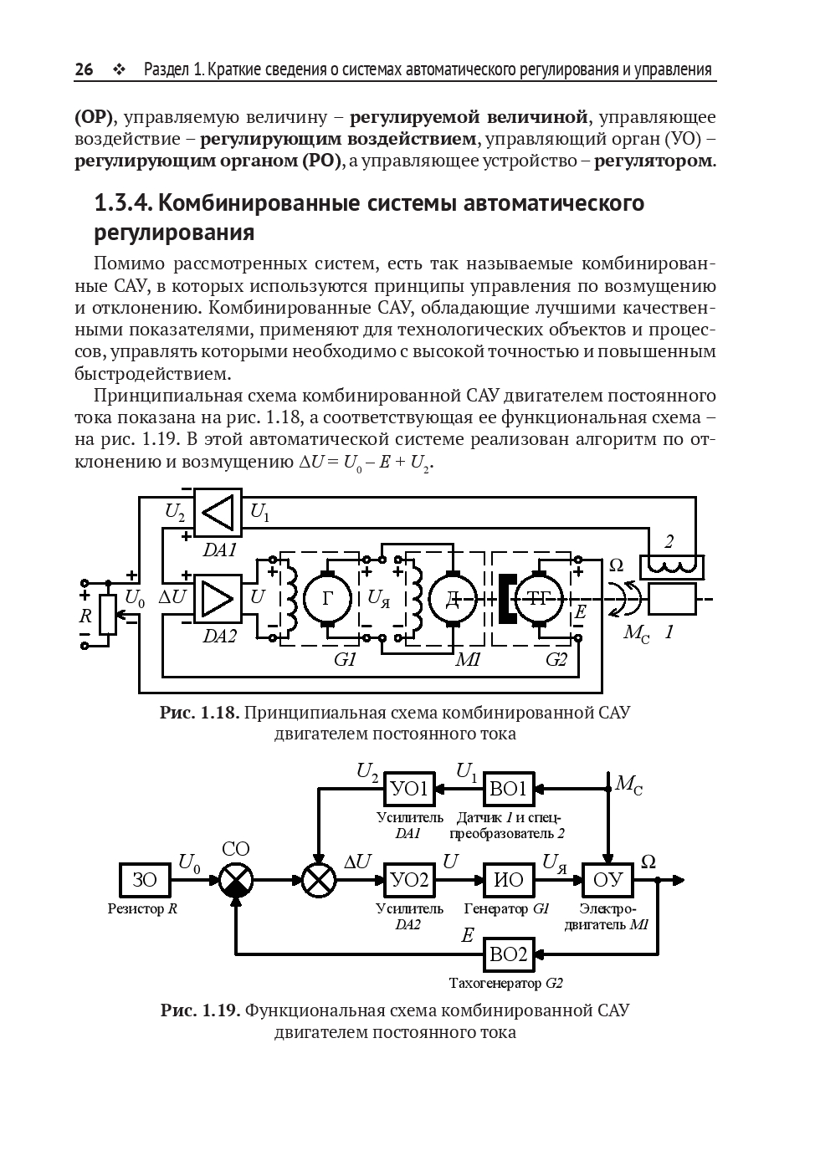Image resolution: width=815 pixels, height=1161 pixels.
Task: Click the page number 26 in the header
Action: click(x=84, y=69)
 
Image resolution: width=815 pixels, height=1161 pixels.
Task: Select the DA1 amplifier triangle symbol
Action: click(x=218, y=513)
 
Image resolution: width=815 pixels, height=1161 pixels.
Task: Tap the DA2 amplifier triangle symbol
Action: click(x=218, y=597)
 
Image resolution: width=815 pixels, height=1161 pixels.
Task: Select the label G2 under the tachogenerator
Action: click(x=556, y=660)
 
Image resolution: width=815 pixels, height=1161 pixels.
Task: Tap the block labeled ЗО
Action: click(x=145, y=880)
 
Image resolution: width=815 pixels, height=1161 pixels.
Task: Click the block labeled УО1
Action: click(x=410, y=789)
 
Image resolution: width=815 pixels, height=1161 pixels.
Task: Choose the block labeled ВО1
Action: click(x=509, y=789)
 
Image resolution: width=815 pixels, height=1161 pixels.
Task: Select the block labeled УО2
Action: click(x=410, y=880)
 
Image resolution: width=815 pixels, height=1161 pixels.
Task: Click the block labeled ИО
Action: click(x=509, y=880)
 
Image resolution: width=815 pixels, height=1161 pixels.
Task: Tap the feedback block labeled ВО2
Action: click(x=509, y=954)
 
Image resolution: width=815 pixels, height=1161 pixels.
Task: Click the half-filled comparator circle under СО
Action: click(x=235, y=880)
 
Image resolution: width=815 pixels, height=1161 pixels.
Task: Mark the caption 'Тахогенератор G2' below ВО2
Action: click(x=505, y=983)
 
